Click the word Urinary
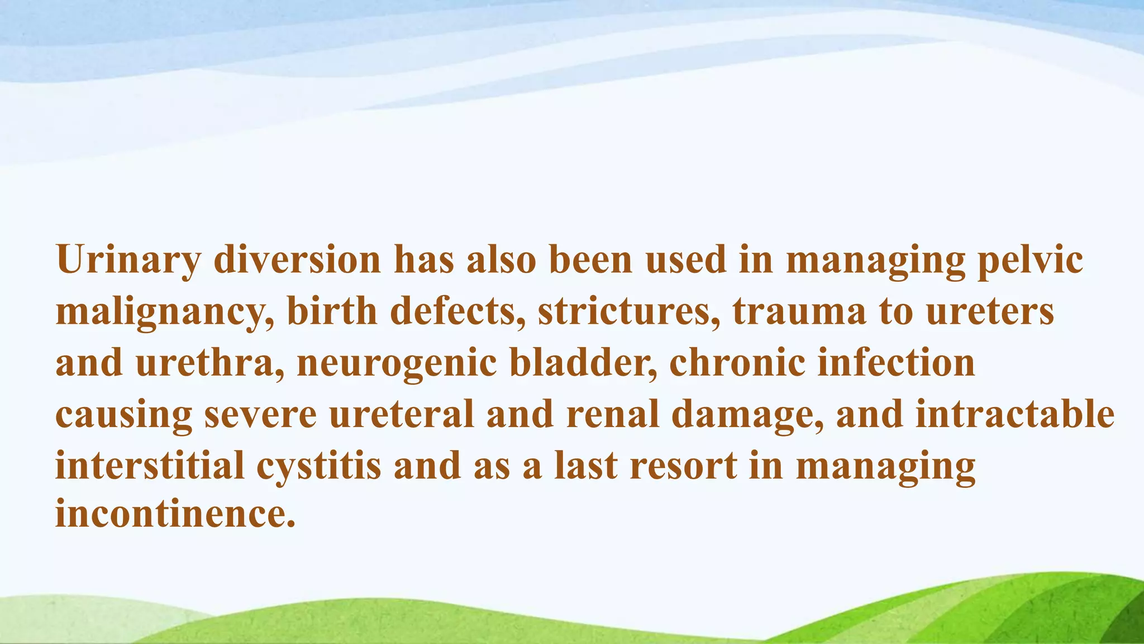tap(128, 261)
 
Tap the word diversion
tap(297, 261)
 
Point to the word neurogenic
tap(397, 363)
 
